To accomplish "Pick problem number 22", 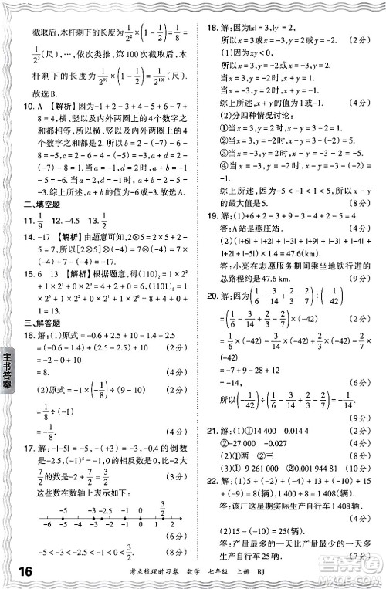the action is [206, 503].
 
